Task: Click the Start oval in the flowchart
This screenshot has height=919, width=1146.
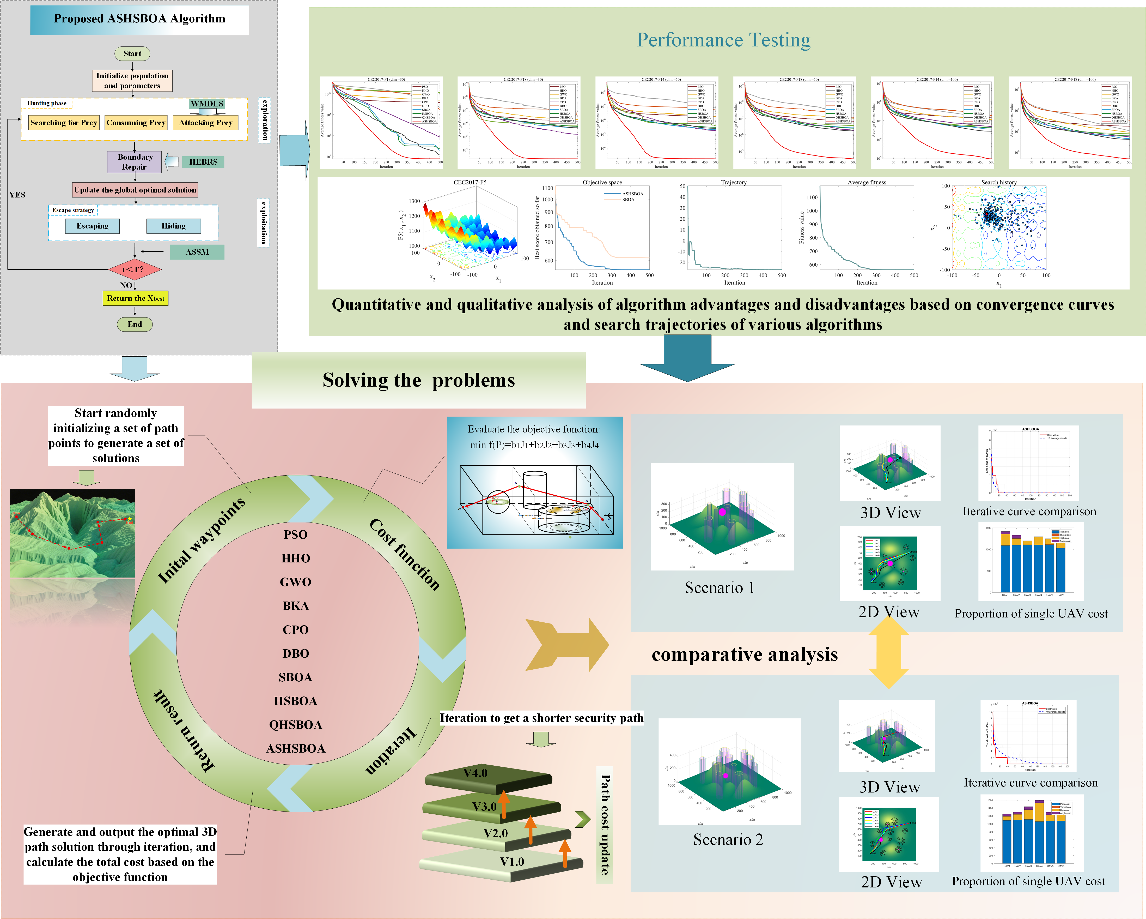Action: pos(132,53)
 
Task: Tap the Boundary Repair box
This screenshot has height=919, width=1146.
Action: pos(135,162)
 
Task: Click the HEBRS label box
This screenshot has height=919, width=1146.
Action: pos(203,162)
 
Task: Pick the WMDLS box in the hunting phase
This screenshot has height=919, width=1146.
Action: pos(207,104)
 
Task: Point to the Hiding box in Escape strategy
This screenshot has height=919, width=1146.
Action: pos(174,226)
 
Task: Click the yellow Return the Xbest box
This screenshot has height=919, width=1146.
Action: pos(136,298)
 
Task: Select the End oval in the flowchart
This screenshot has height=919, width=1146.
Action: pos(135,325)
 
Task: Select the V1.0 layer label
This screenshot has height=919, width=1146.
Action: pos(512,862)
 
